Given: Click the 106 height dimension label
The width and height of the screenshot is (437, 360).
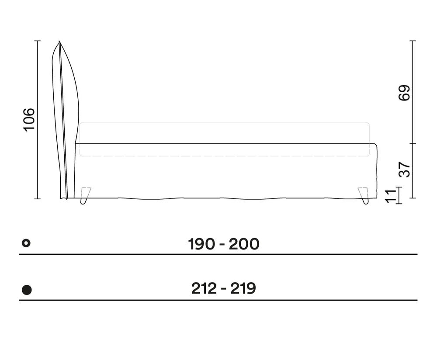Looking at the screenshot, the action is click(x=29, y=120).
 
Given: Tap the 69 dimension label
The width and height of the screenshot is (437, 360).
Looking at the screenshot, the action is click(x=404, y=93).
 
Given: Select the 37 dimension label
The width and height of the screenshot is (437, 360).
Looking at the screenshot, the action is click(x=404, y=170).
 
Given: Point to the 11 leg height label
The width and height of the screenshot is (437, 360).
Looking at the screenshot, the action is click(x=391, y=196).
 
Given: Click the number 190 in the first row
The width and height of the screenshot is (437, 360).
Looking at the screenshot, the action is click(x=201, y=244).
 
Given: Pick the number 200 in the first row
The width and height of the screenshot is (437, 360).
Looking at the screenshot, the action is click(x=244, y=244).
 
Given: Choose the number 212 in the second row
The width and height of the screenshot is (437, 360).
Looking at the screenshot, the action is click(x=204, y=288).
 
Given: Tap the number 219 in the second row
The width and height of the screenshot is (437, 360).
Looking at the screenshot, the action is click(x=243, y=288).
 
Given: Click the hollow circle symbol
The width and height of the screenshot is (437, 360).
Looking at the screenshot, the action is click(x=26, y=243).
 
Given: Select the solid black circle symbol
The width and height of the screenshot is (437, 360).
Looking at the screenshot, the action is click(x=27, y=290).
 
